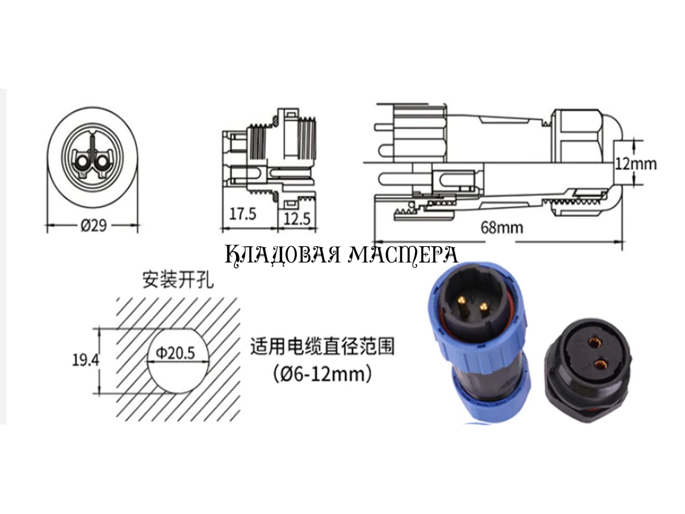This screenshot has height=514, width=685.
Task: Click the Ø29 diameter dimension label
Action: click(94, 225)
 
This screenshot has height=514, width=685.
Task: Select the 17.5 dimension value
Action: click(242, 214)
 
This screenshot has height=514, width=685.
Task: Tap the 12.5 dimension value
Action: click(297, 219)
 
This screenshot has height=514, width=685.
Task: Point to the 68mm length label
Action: click(502, 228)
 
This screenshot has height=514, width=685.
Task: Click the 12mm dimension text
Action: click(636, 164)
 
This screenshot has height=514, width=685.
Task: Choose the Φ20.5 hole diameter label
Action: click(176, 353)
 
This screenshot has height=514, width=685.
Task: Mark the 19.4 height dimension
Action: click(86, 360)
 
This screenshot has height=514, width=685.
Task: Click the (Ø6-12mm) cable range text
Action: click(323, 374)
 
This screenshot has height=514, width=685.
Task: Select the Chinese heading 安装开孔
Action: click(178, 280)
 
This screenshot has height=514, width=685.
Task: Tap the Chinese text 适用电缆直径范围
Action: click(323, 346)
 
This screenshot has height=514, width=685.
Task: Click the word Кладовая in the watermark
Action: click(282, 255)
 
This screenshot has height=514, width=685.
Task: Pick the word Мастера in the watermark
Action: click(403, 255)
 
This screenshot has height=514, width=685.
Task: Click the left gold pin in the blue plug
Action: click(461, 300)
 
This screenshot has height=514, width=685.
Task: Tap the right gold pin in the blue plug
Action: click(483, 306)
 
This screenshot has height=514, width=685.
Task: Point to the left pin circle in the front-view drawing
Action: click(83, 162)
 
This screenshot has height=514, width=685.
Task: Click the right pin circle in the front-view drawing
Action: click(102, 162)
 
